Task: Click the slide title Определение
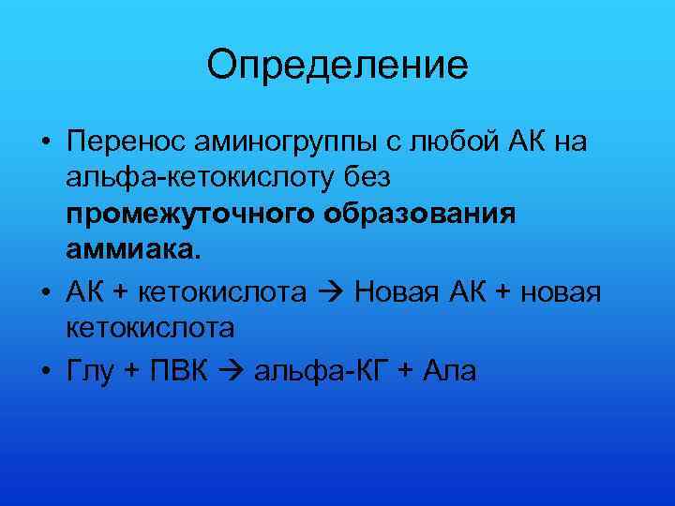337,66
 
